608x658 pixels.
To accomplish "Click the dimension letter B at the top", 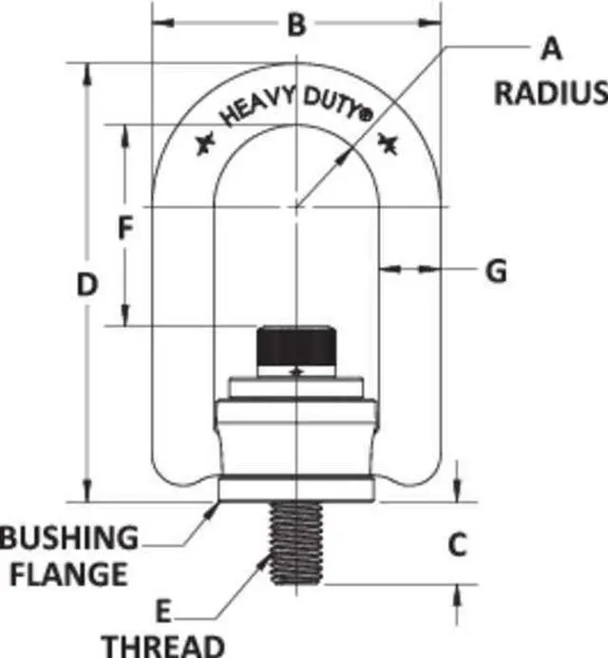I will (x=296, y=25).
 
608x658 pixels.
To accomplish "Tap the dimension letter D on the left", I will (x=87, y=284).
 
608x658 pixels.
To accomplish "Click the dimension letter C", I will (x=458, y=545).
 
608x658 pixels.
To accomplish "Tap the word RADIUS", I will (x=550, y=92).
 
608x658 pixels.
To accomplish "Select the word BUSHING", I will (x=68, y=538).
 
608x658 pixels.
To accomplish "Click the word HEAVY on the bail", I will (x=253, y=106).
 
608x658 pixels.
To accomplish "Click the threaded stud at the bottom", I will (x=296, y=543).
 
